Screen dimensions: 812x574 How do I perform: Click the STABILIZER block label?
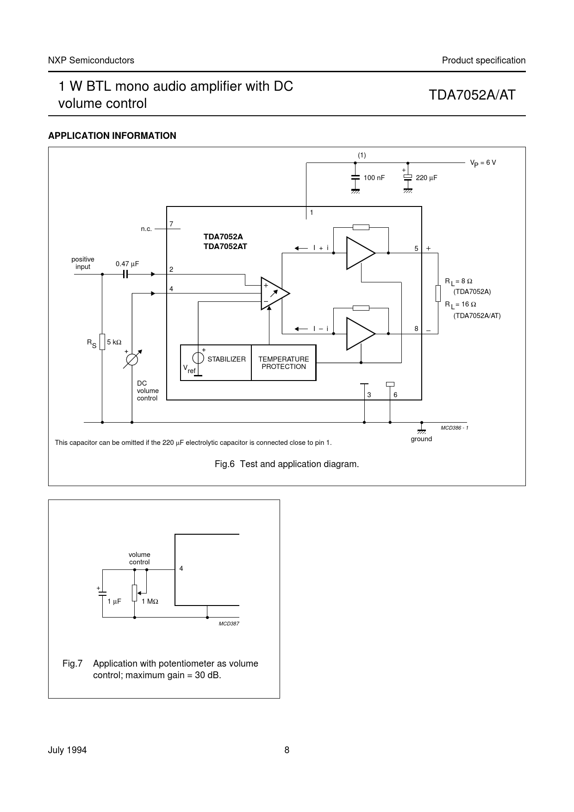226,359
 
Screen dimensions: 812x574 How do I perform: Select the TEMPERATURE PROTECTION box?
283,363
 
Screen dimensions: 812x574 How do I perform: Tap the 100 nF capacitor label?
374,178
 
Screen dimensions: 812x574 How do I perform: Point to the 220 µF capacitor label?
426,178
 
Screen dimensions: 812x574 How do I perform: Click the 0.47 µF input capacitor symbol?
125,274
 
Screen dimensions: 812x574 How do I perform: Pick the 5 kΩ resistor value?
114,342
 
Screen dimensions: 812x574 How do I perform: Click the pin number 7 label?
171,224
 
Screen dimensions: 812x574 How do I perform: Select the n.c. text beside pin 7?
146,229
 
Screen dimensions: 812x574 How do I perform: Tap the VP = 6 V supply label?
483,163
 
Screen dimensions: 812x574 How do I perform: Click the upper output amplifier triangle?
359,253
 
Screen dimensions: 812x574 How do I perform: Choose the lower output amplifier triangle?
359,333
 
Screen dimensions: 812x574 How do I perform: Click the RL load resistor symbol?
438,294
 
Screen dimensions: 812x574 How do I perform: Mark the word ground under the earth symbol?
421,439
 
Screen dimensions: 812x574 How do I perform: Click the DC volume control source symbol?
132,360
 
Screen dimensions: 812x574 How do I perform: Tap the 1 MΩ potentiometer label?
150,601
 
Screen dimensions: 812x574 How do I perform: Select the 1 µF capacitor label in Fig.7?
114,601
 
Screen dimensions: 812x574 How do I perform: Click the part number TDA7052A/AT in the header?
472,95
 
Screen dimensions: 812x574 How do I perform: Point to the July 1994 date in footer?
68,750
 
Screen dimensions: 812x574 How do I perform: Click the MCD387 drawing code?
229,624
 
